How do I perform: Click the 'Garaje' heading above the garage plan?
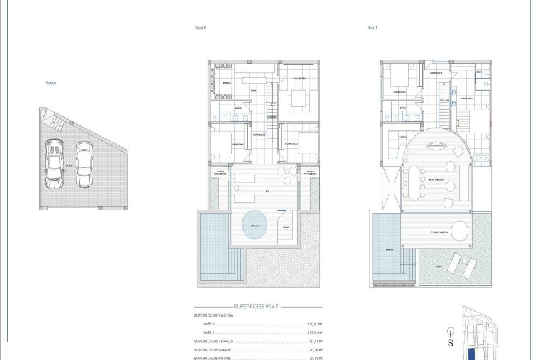tap(51, 82)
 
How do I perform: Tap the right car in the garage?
tap(84, 164)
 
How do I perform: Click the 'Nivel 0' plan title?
tap(201, 28)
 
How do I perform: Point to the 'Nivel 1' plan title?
tap(373, 28)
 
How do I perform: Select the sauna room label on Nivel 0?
tap(286, 227)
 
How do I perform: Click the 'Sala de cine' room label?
tap(298, 78)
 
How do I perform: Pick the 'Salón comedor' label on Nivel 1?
tap(437, 179)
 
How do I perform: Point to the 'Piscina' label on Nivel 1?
tap(390, 250)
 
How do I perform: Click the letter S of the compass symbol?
tap(450, 343)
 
